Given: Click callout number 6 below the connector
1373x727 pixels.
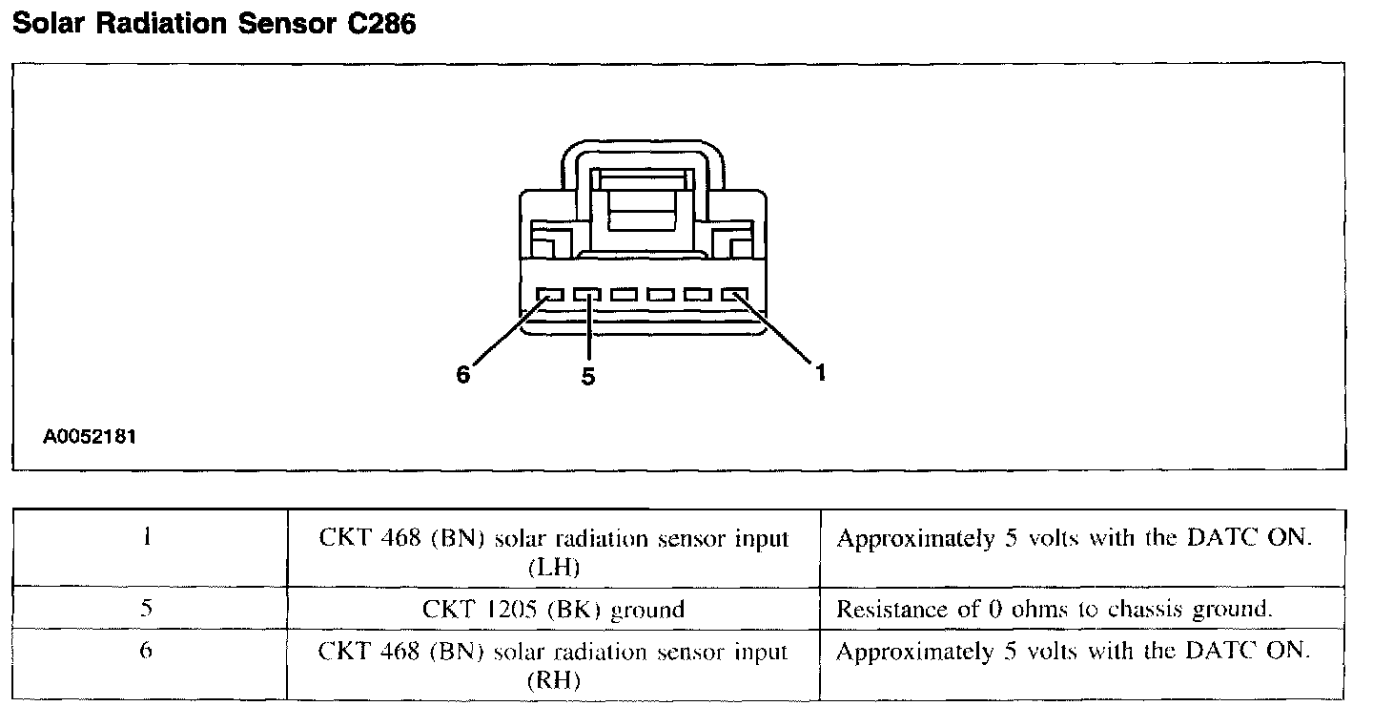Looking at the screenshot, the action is tap(463, 375).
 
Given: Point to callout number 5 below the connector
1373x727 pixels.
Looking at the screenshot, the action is tap(588, 378).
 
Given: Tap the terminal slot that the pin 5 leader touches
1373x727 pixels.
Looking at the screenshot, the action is tap(587, 296).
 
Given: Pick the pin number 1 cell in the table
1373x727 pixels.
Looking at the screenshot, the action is tap(147, 537).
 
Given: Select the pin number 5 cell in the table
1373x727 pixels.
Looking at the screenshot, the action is tap(147, 609).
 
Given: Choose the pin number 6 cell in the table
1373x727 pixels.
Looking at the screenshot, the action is tap(147, 652).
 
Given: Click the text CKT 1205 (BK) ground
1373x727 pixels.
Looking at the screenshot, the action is tap(553, 609).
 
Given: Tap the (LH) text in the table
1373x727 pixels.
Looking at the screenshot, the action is tap(553, 568).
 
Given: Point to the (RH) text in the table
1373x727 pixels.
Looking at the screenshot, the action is tap(553, 682).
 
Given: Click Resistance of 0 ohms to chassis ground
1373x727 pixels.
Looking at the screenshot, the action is tap(1055, 609).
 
